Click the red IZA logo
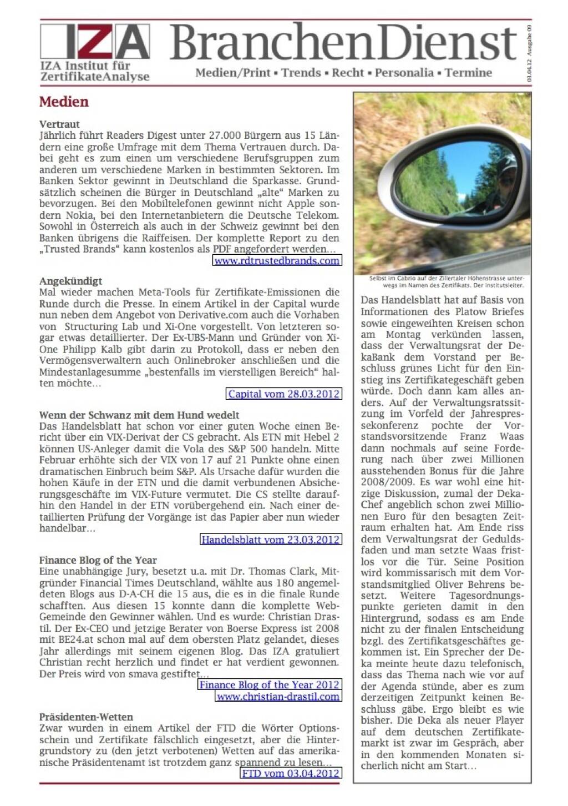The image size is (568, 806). [95, 42]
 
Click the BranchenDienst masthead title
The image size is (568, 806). [343, 43]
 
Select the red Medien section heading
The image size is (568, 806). [64, 102]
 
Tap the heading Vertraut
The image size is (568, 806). [59, 124]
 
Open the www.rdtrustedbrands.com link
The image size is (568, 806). [277, 261]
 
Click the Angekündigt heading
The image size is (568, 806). [70, 281]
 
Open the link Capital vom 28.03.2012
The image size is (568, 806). [283, 394]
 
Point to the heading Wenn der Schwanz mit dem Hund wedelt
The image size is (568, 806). [139, 415]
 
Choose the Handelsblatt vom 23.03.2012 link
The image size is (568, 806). [270, 540]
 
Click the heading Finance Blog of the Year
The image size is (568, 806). [98, 560]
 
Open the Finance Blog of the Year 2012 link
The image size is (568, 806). [269, 685]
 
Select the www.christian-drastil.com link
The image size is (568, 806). [278, 697]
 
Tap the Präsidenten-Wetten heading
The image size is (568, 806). [86, 717]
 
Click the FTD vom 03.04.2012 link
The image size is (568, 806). [291, 774]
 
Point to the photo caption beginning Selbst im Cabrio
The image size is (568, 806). [446, 282]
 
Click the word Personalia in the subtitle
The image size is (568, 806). [404, 73]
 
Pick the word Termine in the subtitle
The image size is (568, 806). [468, 73]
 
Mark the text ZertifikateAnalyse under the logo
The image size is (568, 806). [95, 77]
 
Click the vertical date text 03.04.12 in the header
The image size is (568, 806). [529, 72]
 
